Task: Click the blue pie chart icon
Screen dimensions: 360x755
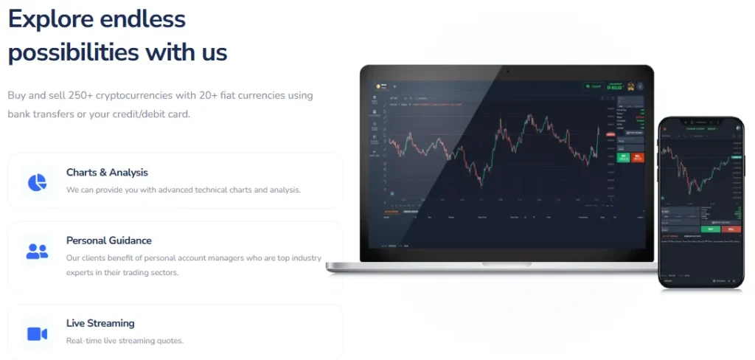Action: [x=37, y=181]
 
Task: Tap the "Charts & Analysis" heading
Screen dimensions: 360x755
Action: [x=107, y=173]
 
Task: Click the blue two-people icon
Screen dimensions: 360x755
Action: [x=37, y=251]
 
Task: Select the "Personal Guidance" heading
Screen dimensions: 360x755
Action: [x=108, y=240]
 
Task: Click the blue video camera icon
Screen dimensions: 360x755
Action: [x=37, y=333]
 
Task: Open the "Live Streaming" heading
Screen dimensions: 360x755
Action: [x=100, y=323]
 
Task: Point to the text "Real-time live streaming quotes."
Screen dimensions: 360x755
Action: [x=125, y=341]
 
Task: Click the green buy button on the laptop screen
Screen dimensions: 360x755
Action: [x=624, y=157]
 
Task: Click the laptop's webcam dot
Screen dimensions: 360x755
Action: [x=507, y=72]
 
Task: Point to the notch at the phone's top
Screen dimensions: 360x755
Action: [x=701, y=120]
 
